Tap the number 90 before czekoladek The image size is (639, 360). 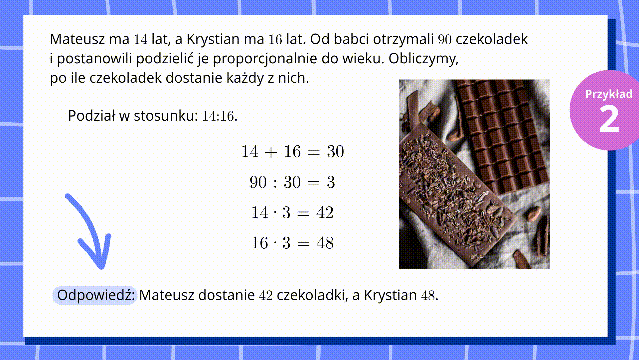click(445, 40)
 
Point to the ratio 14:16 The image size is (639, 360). click(218, 116)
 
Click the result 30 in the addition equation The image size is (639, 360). click(335, 152)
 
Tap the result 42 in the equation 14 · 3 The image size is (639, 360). click(325, 213)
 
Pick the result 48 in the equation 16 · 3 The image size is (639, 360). click(325, 243)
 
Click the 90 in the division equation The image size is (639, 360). click(258, 182)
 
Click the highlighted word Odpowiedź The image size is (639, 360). click(96, 295)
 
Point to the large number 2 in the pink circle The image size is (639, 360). click(609, 119)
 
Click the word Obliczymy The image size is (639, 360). click(423, 59)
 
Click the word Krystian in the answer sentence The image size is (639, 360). click(390, 295)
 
